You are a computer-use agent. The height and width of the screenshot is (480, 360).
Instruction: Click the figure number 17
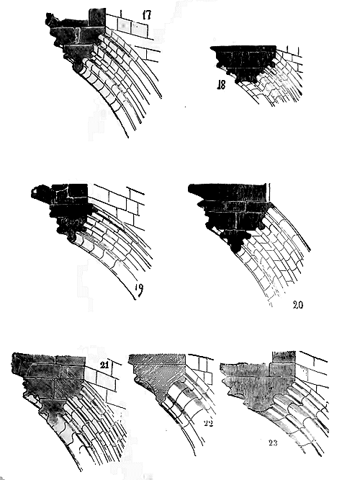pyautogui.click(x=146, y=14)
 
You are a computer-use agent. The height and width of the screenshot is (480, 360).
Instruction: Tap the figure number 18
pyautogui.click(x=221, y=84)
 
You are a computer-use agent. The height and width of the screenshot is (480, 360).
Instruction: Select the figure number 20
pyautogui.click(x=297, y=305)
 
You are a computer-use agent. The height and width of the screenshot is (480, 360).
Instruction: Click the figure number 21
pyautogui.click(x=104, y=365)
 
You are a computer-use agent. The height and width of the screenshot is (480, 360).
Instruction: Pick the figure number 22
pyautogui.click(x=208, y=423)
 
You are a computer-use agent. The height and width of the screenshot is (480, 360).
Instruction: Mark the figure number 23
pyautogui.click(x=273, y=443)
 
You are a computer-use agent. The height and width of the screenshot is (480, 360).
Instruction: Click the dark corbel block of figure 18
pyautogui.click(x=243, y=63)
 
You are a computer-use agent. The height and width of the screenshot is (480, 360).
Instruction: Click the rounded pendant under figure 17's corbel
pyautogui.click(x=78, y=66)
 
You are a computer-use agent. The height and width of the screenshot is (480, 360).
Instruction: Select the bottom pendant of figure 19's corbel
pyautogui.click(x=71, y=236)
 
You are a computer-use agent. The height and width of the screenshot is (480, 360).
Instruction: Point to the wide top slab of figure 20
pyautogui.click(x=228, y=192)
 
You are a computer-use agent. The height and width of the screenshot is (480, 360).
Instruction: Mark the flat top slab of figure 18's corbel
pyautogui.click(x=243, y=48)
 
